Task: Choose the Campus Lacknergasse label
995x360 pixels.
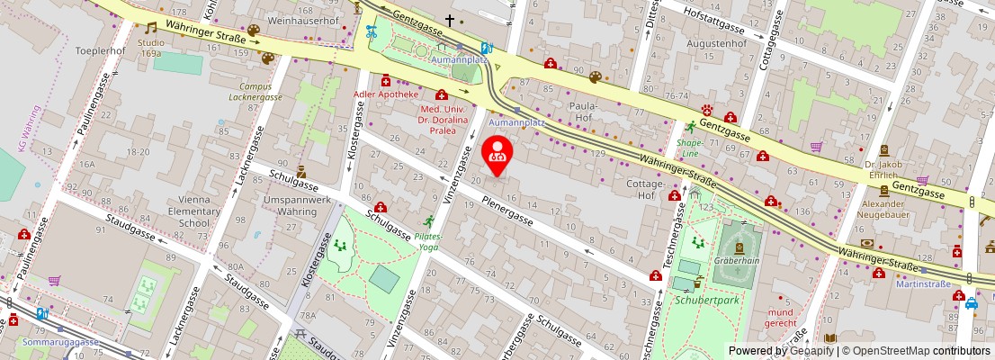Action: (255, 92)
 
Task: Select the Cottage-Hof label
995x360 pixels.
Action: (632, 189)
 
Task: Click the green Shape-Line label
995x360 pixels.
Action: (690, 148)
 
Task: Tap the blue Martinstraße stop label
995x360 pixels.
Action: (923, 284)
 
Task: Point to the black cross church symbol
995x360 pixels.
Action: (449, 20)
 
